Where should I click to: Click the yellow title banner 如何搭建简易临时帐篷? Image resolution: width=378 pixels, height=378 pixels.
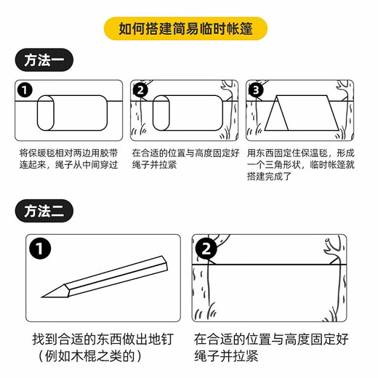click(x=189, y=30)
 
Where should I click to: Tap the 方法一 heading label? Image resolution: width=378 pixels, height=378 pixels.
click(x=44, y=61)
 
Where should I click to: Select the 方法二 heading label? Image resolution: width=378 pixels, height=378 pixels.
click(x=44, y=212)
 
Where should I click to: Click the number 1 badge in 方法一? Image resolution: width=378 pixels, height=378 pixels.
click(x=26, y=90)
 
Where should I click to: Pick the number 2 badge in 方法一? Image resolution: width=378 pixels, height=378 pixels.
click(x=141, y=90)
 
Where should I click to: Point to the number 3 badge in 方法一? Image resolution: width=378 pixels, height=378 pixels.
click(x=257, y=90)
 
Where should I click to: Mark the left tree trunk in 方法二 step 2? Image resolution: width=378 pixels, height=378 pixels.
click(x=200, y=291)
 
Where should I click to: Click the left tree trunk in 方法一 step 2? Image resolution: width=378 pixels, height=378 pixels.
click(x=135, y=120)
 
